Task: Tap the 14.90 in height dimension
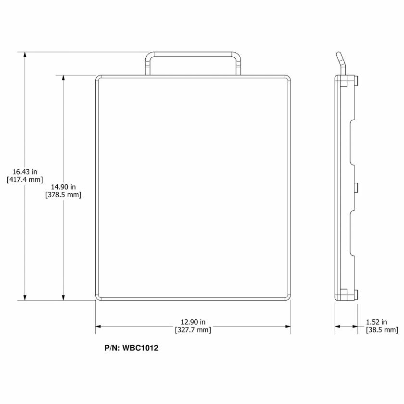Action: click(x=63, y=187)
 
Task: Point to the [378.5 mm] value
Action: click(x=63, y=195)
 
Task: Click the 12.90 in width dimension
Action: click(x=193, y=322)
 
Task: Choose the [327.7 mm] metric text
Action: click(x=193, y=330)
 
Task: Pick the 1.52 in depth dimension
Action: click(x=377, y=322)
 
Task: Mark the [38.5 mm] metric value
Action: click(x=382, y=330)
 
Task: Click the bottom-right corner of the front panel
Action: click(x=289, y=298)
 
